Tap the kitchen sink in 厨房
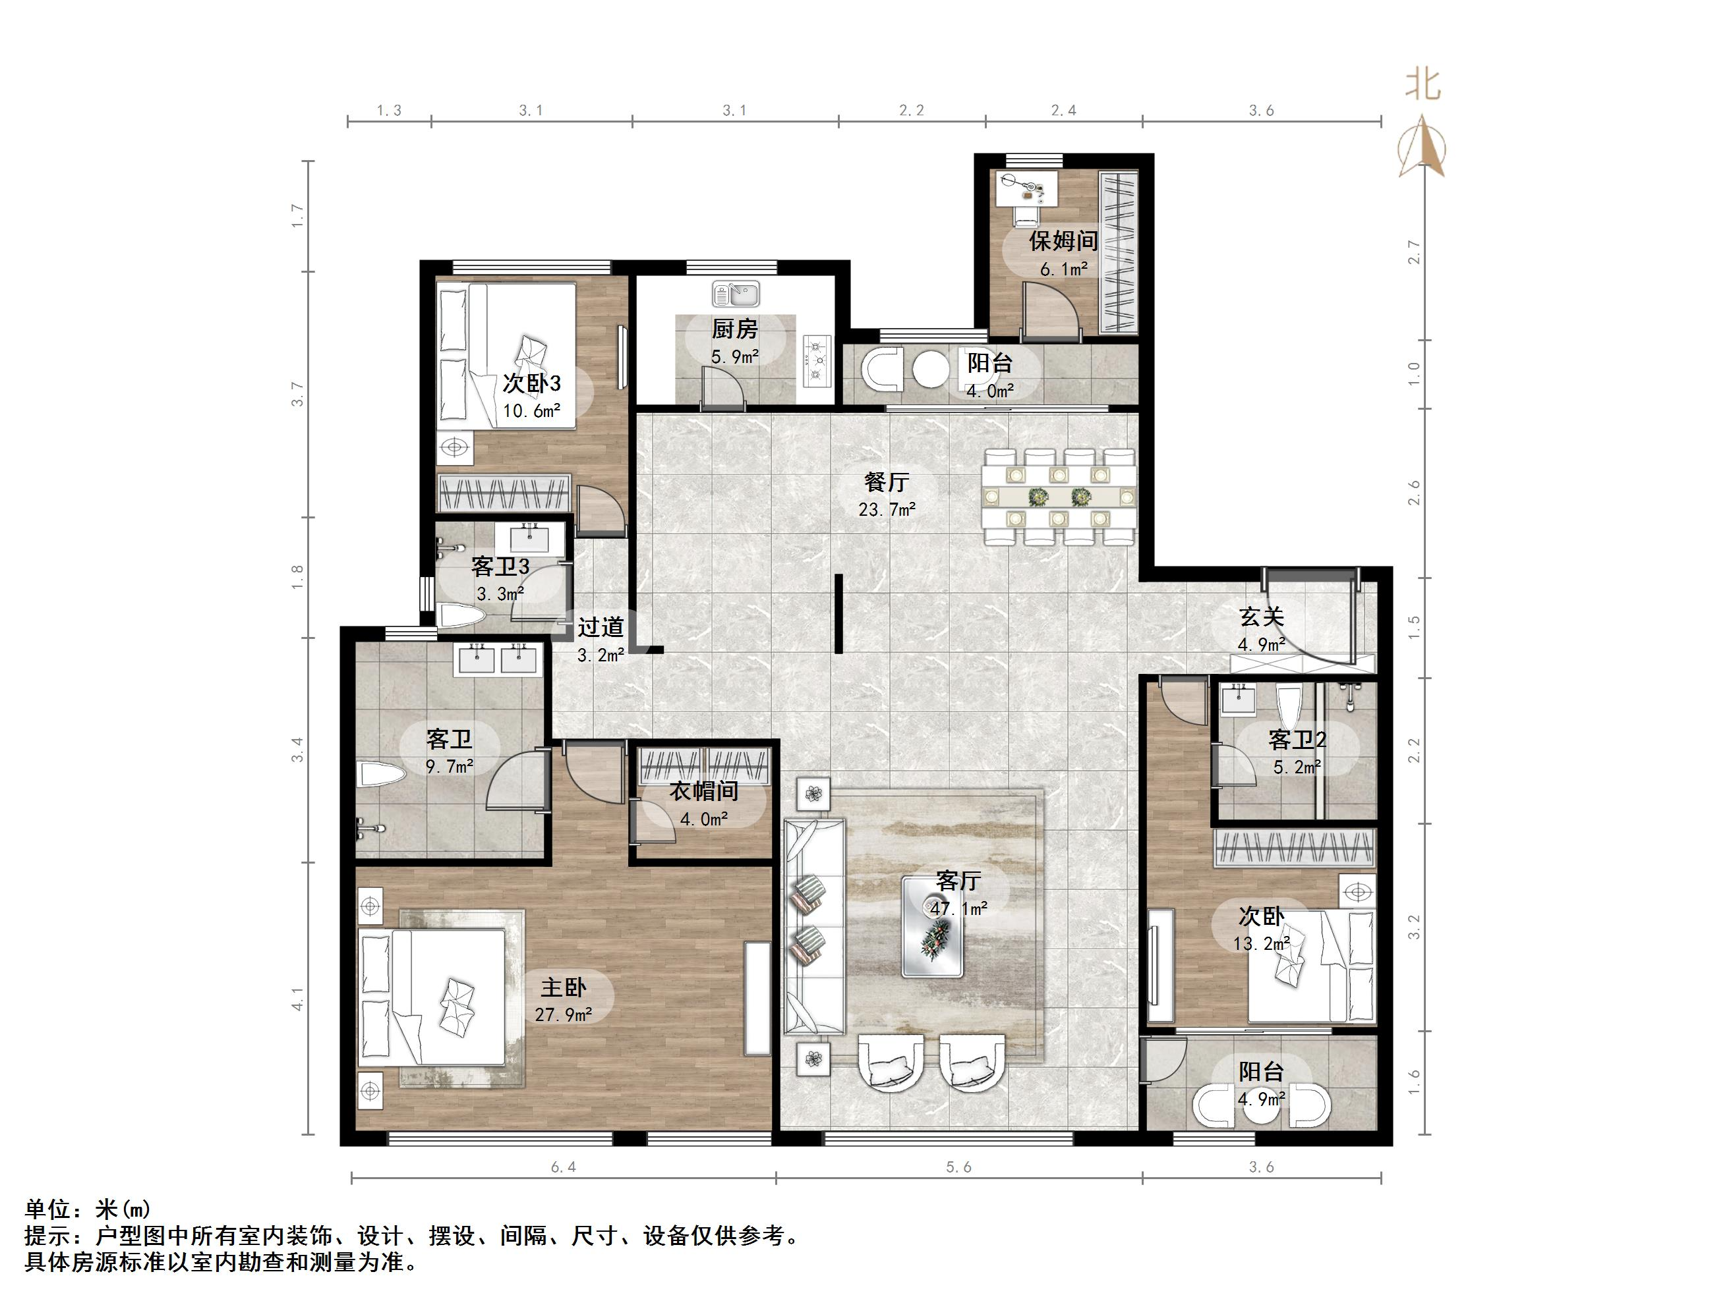coord(736,294)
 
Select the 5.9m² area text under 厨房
coord(735,357)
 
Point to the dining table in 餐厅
coord(1059,495)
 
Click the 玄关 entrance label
coord(1262,617)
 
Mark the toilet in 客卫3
coord(461,615)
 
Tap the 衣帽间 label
coord(703,791)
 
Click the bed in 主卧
coord(432,997)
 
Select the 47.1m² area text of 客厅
coord(958,908)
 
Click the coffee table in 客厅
coord(932,927)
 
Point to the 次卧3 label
coord(531,383)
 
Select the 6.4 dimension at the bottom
coord(564,1167)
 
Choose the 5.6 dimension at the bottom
coord(958,1167)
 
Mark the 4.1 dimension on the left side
coord(297,999)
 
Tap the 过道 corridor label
coord(601,627)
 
